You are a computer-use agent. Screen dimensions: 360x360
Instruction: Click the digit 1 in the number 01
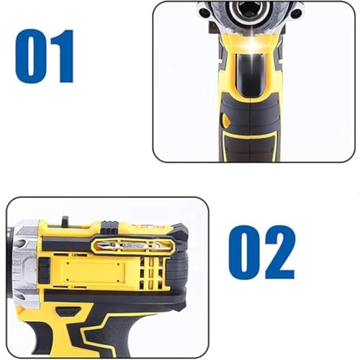(63, 56)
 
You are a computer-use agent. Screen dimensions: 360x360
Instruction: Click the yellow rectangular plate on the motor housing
(90, 274)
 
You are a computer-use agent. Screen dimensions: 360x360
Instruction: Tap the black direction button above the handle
(68, 312)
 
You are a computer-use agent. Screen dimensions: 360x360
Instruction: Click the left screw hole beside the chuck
(206, 12)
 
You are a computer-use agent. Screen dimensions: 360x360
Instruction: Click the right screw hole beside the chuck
(294, 12)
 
